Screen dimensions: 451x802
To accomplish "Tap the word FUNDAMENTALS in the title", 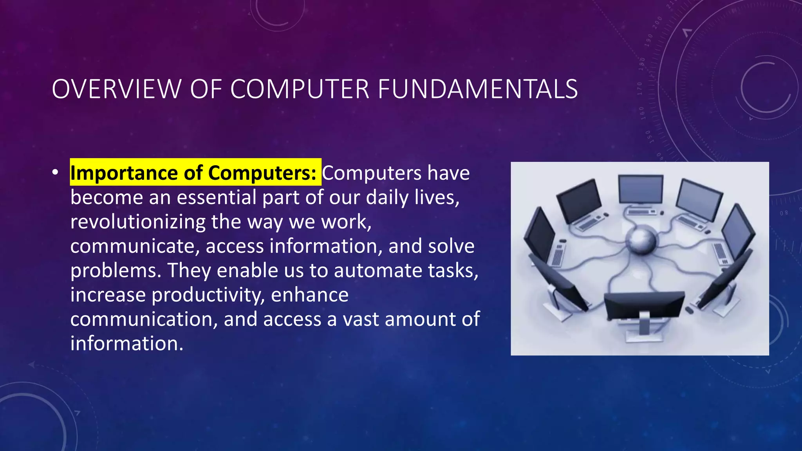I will click(x=478, y=89).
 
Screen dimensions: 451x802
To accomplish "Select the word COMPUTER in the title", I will click(x=300, y=89).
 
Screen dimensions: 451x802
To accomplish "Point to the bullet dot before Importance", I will click(x=55, y=172).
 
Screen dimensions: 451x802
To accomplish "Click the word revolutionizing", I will click(x=137, y=222).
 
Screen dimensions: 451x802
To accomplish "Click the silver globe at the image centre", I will click(x=641, y=240).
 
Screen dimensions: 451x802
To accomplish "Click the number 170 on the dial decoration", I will click(x=640, y=89).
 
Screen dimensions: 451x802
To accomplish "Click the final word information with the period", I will click(x=127, y=343).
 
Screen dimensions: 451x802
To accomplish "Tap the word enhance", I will click(x=309, y=295).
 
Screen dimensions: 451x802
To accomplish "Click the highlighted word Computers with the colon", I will click(x=262, y=173).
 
